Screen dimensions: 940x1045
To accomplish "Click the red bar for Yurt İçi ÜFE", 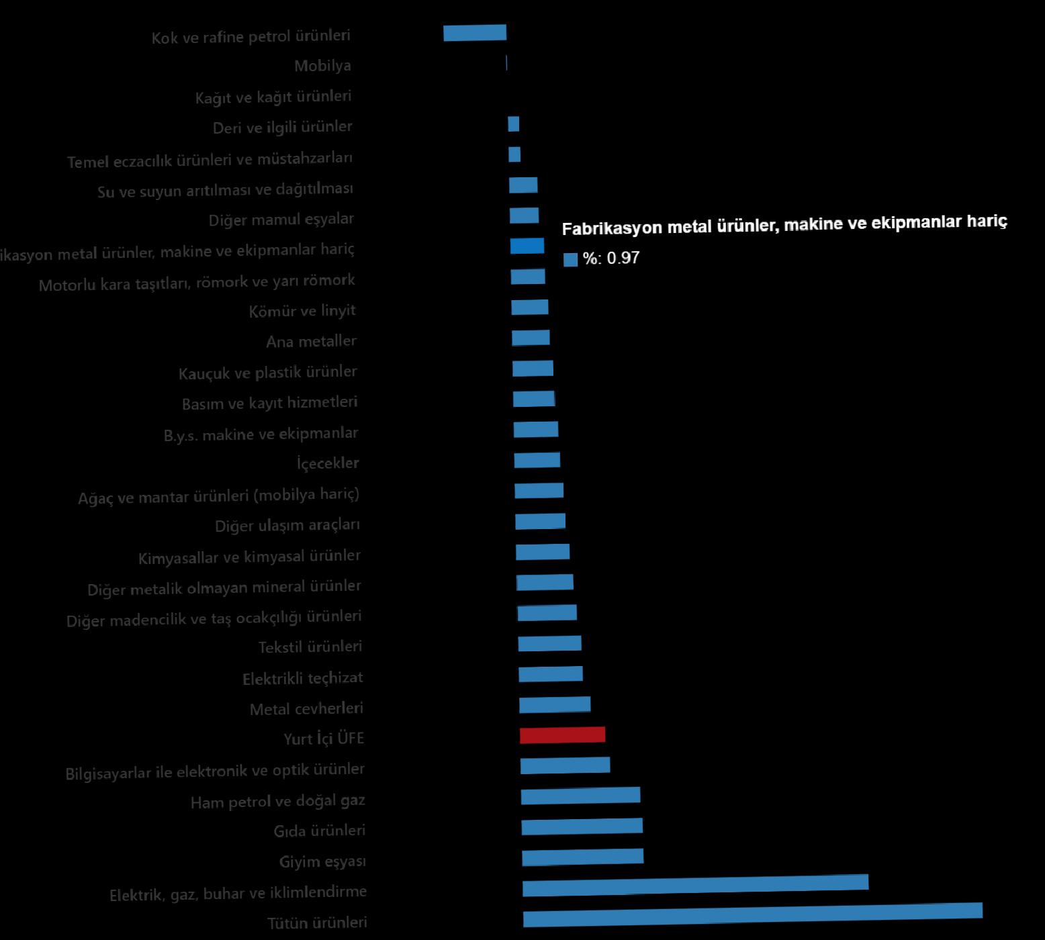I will tap(562, 735).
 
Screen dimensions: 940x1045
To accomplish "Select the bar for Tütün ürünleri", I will tap(752, 915).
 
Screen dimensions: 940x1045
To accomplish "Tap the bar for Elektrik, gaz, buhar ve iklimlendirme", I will tap(695, 885).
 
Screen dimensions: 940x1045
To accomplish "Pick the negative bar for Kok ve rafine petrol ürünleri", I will tap(474, 32).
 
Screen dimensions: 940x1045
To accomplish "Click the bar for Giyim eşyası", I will tap(582, 857).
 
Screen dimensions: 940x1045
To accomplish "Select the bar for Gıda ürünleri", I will tap(582, 826).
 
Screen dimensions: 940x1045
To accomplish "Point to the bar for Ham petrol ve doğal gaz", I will tap(580, 796).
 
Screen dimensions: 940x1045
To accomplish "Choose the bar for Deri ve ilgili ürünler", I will tap(513, 124).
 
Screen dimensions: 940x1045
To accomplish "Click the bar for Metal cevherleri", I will tap(555, 704).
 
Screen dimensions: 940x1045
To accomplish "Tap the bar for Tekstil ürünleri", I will tap(549, 643).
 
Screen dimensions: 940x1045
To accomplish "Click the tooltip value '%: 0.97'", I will tap(610, 258).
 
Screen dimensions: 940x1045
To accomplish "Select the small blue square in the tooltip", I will tap(570, 260).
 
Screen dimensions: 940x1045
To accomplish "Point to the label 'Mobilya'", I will tap(322, 66).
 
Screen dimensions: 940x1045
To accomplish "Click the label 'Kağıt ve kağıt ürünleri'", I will tap(273, 97).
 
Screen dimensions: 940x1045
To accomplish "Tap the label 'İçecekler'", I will tap(328, 463).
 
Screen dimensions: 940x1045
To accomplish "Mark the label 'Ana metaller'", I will tap(311, 342).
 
